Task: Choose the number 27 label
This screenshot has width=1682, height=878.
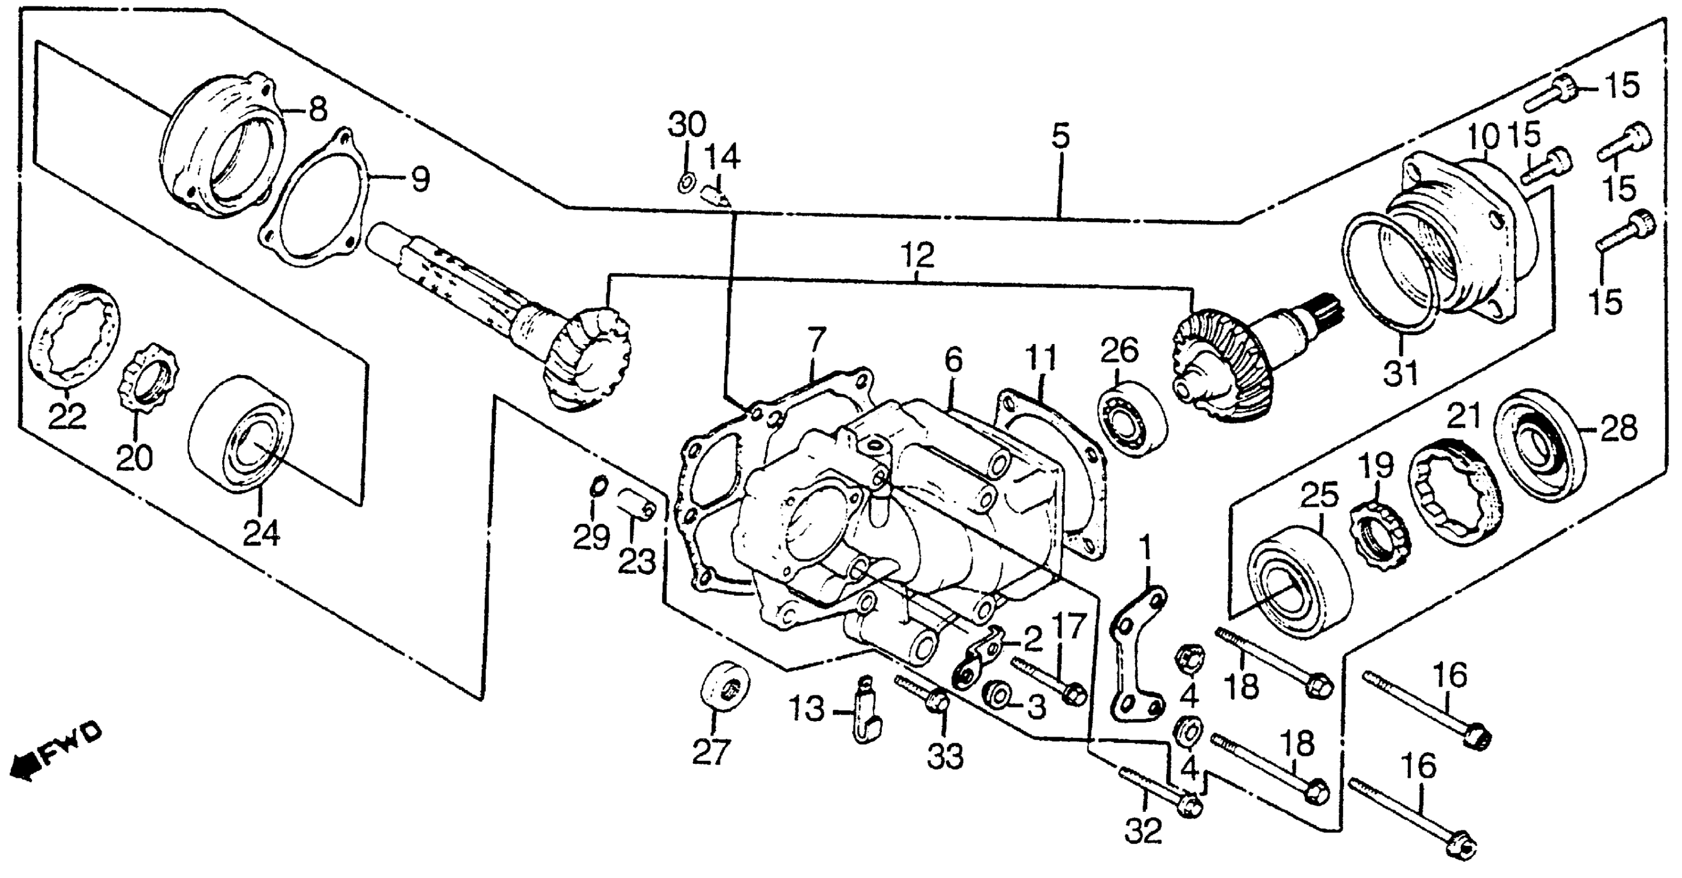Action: click(x=710, y=752)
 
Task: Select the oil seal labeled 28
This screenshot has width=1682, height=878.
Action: click(x=1539, y=445)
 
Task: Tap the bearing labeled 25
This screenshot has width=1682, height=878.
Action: click(x=1299, y=582)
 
